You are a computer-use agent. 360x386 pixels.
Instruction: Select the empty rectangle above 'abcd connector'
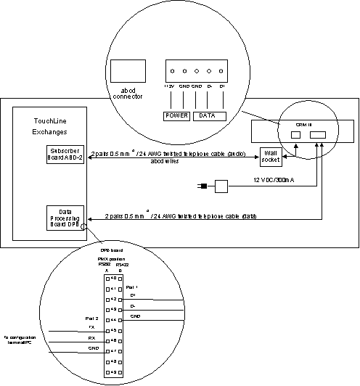[128, 70]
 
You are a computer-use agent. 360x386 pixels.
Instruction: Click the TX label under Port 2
[91, 327]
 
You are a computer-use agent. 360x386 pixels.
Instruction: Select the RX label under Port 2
[91, 338]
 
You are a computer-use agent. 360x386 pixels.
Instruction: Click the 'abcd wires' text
[166, 163]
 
